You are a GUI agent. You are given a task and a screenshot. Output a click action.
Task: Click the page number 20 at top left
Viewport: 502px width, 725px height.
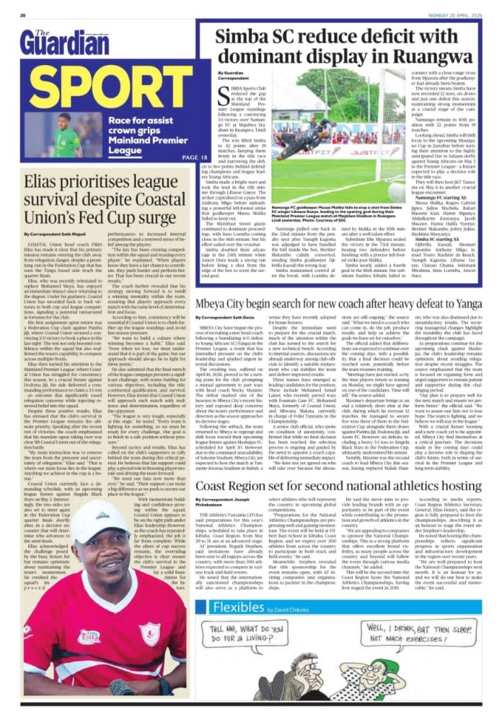tap(23, 14)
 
